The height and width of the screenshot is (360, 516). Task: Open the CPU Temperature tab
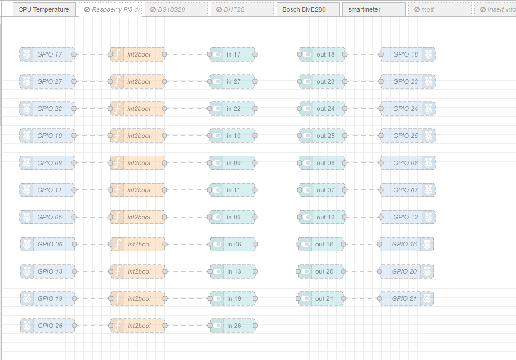click(44, 9)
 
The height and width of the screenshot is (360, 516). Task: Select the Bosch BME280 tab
click(307, 9)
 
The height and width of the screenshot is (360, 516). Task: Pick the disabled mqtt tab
click(440, 9)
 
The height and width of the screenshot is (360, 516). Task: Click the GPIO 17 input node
click(50, 54)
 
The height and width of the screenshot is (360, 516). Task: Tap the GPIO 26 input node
click(50, 326)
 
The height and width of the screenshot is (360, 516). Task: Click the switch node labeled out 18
click(325, 54)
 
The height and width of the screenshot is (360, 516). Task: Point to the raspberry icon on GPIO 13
click(27, 271)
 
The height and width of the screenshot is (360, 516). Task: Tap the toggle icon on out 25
click(307, 136)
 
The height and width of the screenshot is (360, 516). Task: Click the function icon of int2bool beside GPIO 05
click(117, 217)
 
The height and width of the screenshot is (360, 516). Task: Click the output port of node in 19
click(255, 298)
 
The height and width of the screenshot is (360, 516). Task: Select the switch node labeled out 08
click(325, 163)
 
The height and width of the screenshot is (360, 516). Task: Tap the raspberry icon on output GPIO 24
click(428, 109)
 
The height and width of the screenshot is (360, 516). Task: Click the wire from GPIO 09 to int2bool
click(92, 163)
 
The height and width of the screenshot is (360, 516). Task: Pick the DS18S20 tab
click(176, 9)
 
